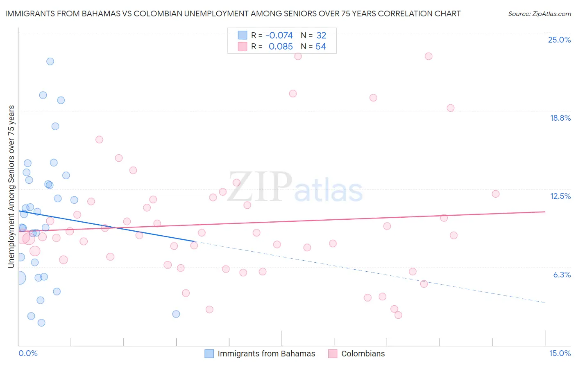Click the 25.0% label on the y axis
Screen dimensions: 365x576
click(x=559, y=40)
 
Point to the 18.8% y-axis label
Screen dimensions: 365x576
click(x=560, y=118)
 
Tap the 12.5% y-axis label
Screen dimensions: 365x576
click(x=560, y=196)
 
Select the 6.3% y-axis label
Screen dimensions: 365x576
click(x=562, y=275)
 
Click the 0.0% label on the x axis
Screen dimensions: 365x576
click(x=28, y=353)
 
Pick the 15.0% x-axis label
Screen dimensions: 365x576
click(x=560, y=353)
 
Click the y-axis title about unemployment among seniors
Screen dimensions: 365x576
click(x=11, y=187)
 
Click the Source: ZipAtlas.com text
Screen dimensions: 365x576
click(x=539, y=14)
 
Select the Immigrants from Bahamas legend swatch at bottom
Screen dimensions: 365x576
click(x=209, y=354)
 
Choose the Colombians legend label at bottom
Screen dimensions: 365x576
click(x=363, y=354)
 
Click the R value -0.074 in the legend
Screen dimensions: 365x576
click(x=279, y=35)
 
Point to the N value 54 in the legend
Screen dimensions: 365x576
click(x=321, y=47)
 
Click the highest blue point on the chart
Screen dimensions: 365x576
click(x=50, y=61)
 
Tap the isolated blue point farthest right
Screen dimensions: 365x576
click(x=176, y=314)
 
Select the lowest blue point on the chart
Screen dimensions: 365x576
click(x=41, y=322)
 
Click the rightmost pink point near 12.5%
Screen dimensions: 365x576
click(x=496, y=194)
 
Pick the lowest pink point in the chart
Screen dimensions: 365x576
click(x=398, y=315)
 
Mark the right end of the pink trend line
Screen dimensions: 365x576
click(x=545, y=212)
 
